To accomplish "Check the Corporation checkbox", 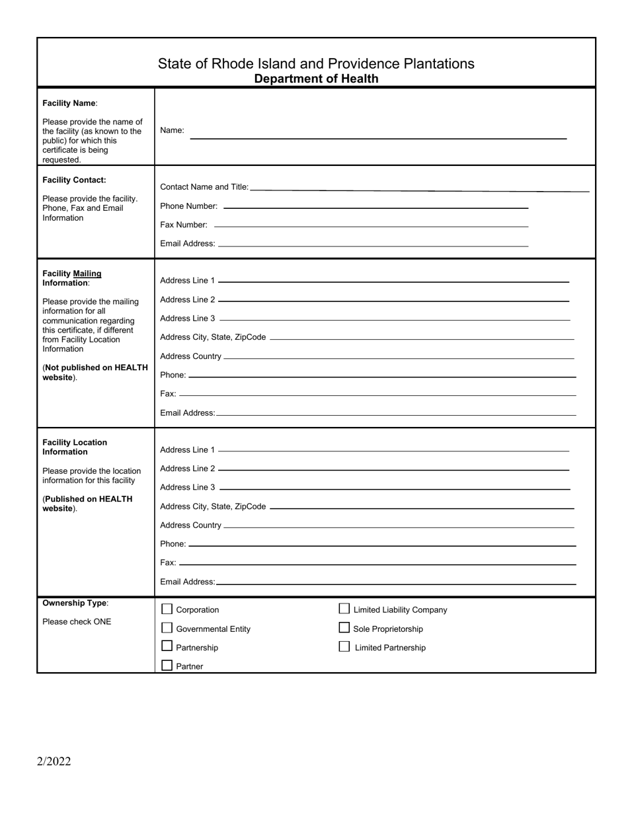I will coord(167,609).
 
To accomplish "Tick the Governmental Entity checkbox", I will coord(167,628).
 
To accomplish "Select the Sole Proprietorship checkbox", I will coord(344,628).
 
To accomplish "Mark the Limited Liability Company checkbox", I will coord(344,609).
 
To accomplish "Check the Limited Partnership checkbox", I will coord(344,646).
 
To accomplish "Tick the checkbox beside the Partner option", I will coord(167,666).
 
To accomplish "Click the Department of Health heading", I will coord(316,79).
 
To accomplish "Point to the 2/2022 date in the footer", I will coord(54,761).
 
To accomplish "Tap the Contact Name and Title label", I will coord(204,187).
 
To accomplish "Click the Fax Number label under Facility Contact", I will coord(183,225).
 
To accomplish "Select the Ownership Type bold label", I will coord(74,603).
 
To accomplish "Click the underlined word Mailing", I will coord(87,274).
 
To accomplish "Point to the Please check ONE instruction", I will coord(77,622).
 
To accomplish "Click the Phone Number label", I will coord(188,206).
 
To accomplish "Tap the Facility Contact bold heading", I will coord(74,180).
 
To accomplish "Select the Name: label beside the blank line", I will coord(172,130).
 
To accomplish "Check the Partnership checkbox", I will coord(167,646).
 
